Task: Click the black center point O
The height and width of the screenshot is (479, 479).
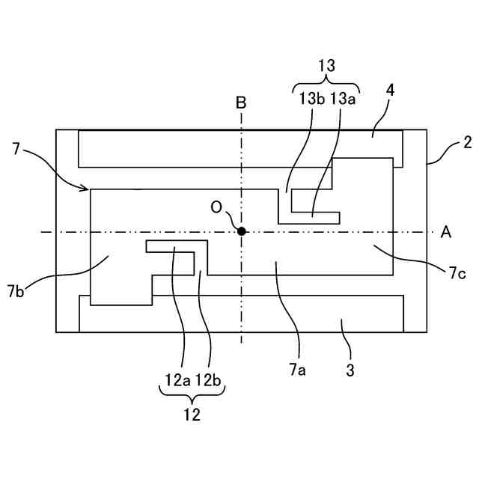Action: click(x=241, y=231)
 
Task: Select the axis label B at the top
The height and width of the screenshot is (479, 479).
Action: click(x=241, y=103)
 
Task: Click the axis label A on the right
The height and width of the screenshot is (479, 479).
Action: click(x=446, y=232)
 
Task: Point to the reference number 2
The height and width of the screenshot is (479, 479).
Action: click(x=467, y=141)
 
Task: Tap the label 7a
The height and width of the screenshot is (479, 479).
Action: click(x=299, y=368)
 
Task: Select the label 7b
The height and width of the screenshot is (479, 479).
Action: click(x=16, y=289)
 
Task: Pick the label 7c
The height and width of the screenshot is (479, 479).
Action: click(x=459, y=275)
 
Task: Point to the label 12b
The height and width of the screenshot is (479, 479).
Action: click(x=210, y=379)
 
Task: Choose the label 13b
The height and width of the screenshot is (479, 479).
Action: click(x=311, y=98)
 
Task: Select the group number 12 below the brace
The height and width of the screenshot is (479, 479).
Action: click(x=192, y=415)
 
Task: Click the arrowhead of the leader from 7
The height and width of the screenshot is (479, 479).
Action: click(x=88, y=188)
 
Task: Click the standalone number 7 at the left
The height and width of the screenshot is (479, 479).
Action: click(x=16, y=148)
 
